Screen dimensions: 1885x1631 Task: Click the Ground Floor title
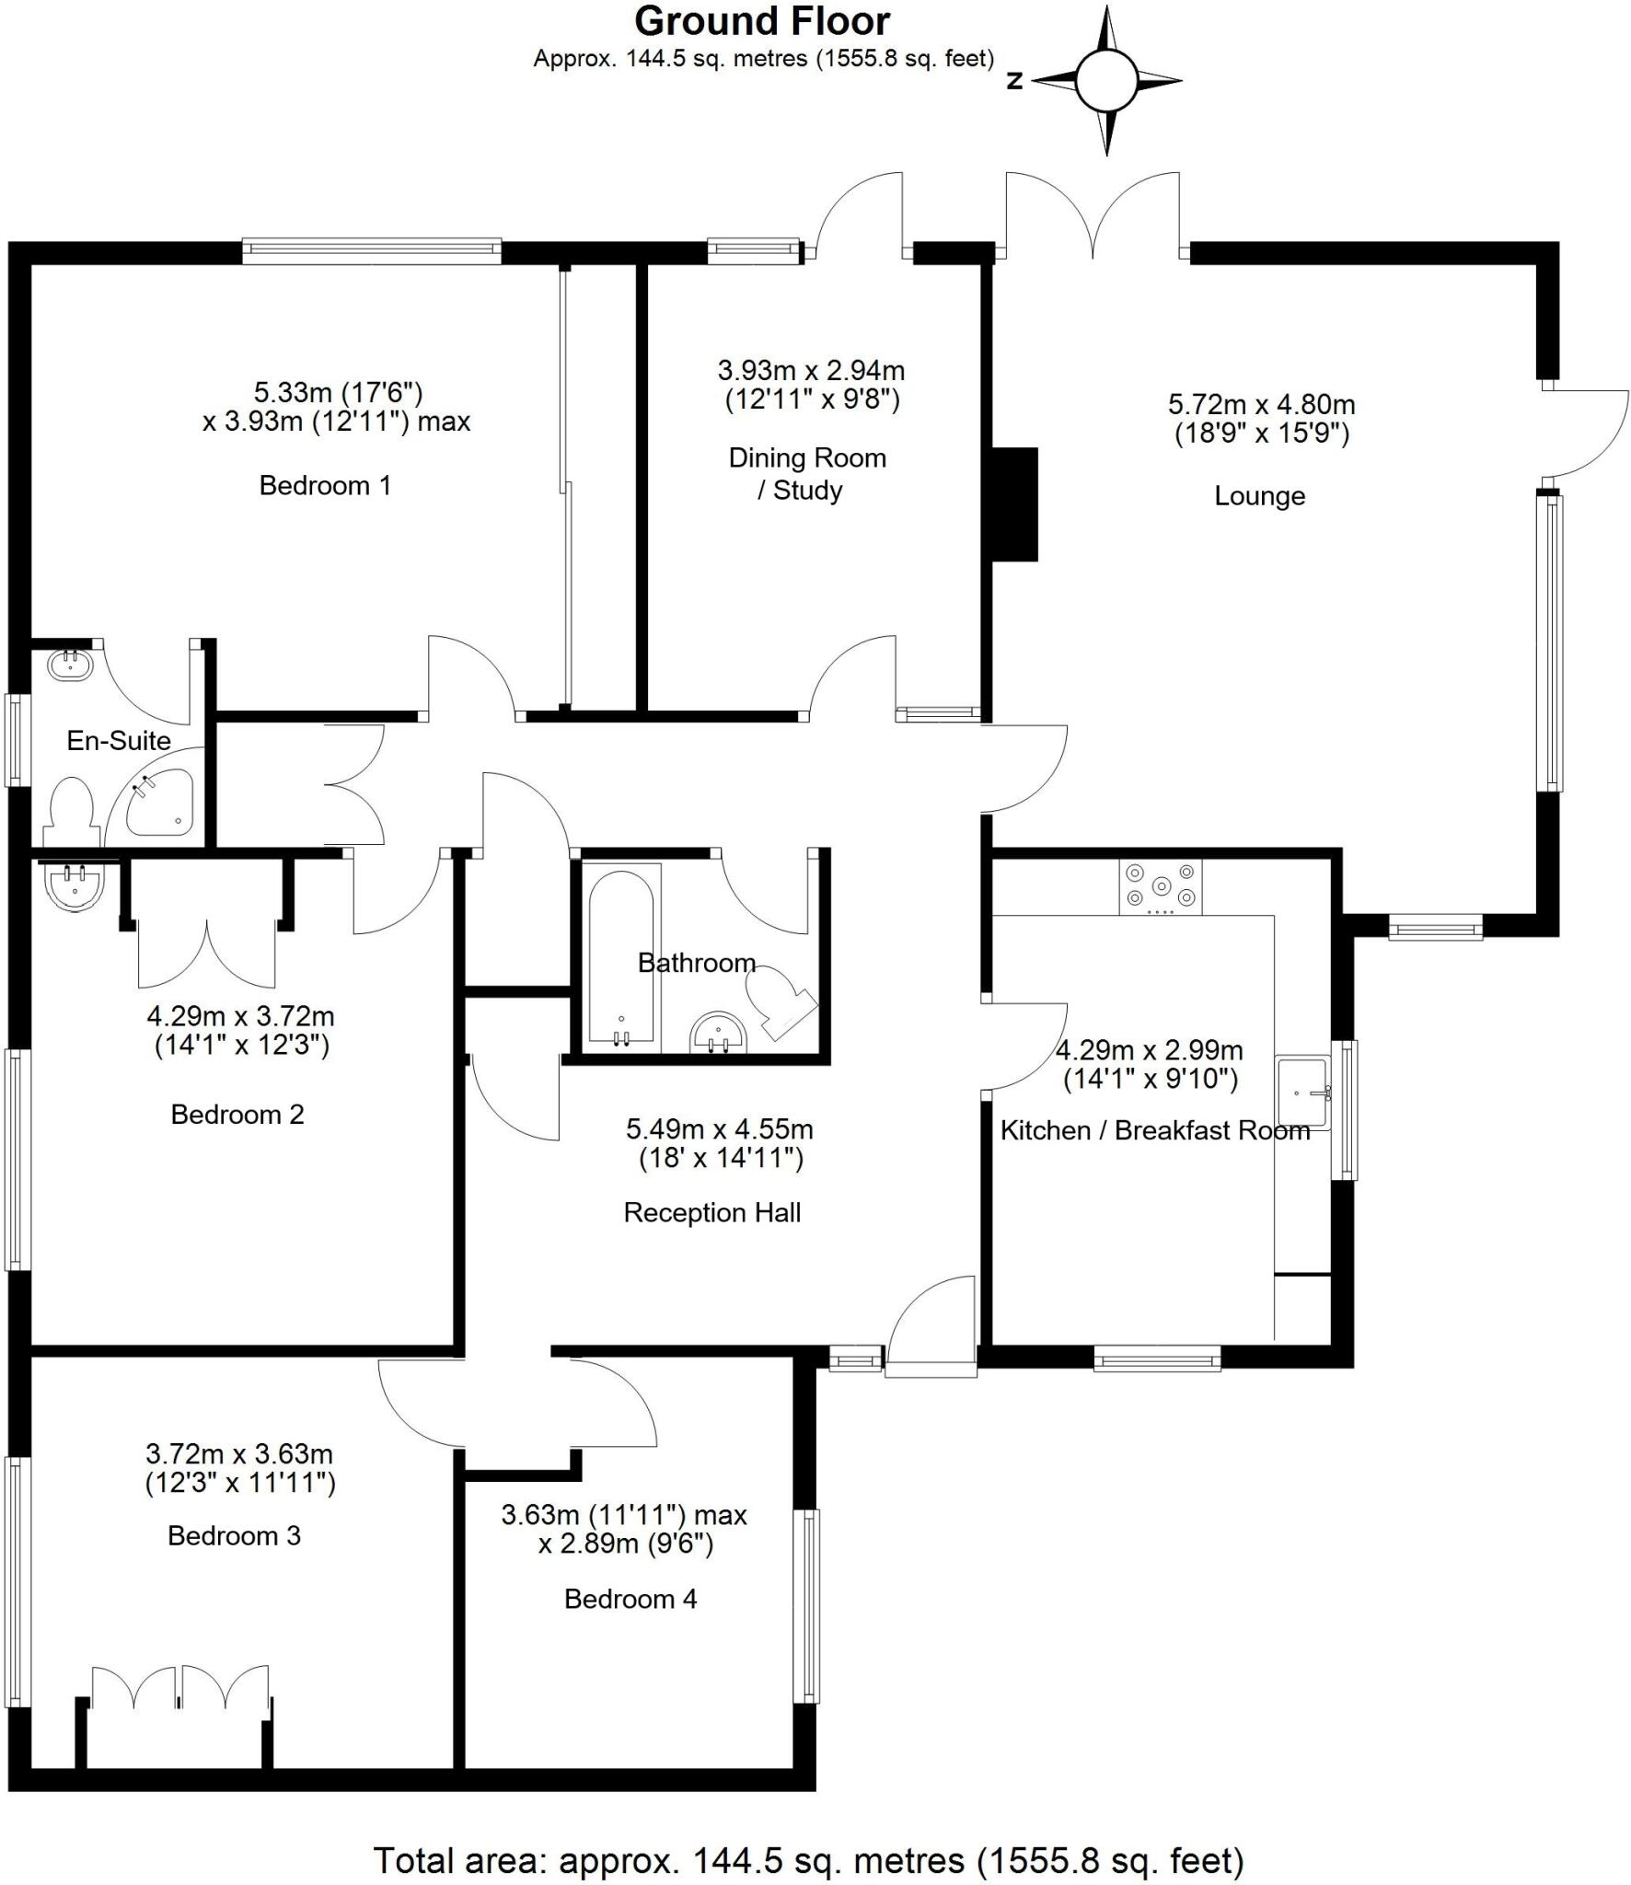(x=762, y=21)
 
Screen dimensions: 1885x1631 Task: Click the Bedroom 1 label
(x=325, y=485)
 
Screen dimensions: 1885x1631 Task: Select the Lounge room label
(x=1259, y=496)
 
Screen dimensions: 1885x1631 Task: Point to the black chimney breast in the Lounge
(x=1015, y=504)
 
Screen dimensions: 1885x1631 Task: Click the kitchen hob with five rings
(x=1160, y=887)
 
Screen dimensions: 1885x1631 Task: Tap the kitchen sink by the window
(x=1302, y=1093)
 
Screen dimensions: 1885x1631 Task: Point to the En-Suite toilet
(x=72, y=811)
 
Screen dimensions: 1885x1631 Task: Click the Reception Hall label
(x=711, y=1213)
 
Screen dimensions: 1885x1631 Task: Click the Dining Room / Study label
(x=807, y=473)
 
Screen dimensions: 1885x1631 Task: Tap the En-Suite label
(x=119, y=740)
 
